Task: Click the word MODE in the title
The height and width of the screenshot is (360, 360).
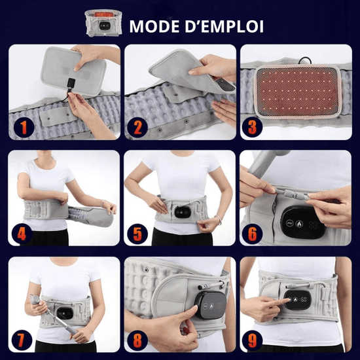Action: point(154,26)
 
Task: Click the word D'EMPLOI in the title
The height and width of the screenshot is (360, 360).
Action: point(224,26)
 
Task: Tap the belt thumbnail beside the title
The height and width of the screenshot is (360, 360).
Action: point(103,23)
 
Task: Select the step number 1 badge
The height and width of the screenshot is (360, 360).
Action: point(24,128)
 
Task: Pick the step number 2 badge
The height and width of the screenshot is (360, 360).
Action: point(137,128)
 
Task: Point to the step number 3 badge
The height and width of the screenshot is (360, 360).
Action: point(252,128)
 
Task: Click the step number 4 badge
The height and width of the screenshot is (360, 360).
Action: point(22,234)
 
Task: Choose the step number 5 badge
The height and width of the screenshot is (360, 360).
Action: point(137,234)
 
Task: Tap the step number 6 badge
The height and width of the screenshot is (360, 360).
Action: point(252,234)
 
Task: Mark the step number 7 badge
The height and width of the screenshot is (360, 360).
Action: point(22,340)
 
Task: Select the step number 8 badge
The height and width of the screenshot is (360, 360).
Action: point(137,340)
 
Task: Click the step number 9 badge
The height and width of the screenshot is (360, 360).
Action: point(252,340)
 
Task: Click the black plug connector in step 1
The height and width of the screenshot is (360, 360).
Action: point(71,83)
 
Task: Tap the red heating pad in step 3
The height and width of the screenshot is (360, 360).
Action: point(297,91)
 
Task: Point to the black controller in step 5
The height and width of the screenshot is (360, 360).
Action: point(183,212)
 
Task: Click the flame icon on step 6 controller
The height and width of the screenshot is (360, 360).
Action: point(299,224)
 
